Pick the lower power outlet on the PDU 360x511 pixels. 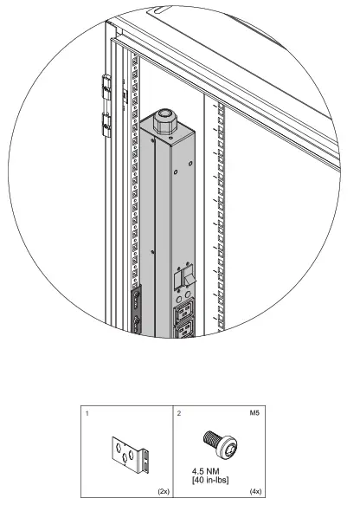(188, 330)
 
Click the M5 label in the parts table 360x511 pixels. (256, 415)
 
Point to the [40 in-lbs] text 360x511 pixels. (212, 482)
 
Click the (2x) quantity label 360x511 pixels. (163, 490)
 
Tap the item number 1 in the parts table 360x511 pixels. (88, 415)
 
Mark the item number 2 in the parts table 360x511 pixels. (178, 415)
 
